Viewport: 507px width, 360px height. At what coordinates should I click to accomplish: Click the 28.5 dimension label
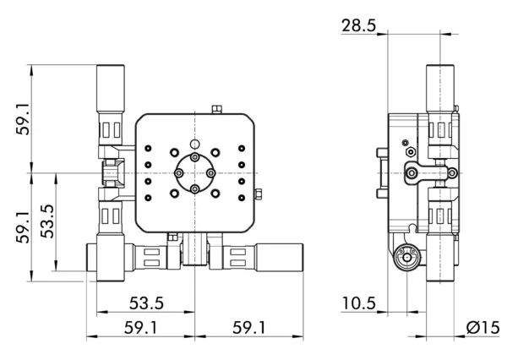(359, 25)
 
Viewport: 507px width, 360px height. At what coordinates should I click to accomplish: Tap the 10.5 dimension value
(359, 303)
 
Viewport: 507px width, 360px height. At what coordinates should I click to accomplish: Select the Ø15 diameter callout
(482, 328)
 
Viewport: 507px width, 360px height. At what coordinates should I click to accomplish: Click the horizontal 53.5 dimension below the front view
(146, 303)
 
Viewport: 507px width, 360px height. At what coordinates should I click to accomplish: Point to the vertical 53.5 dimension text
(47, 221)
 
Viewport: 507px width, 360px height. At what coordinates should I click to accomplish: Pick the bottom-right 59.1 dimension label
(249, 328)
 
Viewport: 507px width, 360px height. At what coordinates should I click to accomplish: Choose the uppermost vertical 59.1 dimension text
(24, 118)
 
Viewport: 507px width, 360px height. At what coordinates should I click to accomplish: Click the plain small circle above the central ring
(194, 144)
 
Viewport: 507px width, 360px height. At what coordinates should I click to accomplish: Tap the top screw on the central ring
(194, 157)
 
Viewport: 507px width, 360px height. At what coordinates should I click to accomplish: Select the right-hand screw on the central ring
(210, 173)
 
